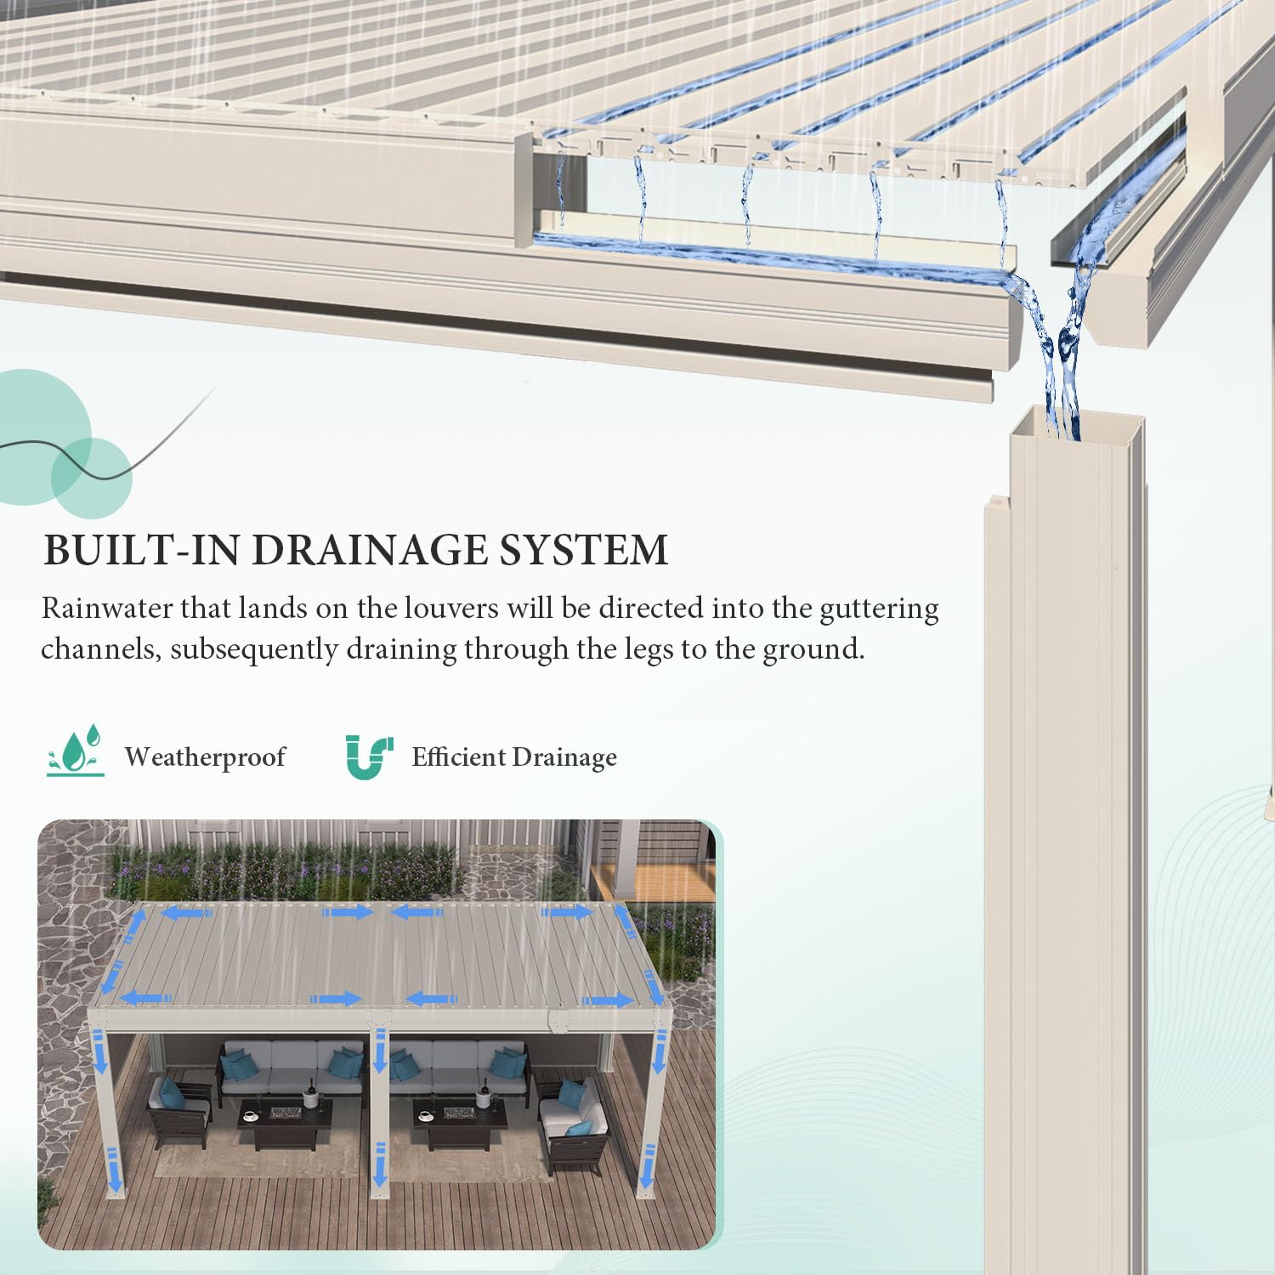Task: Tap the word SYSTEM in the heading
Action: (583, 550)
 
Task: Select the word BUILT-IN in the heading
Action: (143, 550)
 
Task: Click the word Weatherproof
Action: (205, 756)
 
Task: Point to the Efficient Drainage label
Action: (514, 756)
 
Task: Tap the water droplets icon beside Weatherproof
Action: (76, 751)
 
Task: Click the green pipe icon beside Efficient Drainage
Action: (369, 756)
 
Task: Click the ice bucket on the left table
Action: (310, 1097)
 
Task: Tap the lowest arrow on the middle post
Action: (380, 1164)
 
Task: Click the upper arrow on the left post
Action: (100, 1051)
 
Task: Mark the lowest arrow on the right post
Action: (649, 1164)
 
